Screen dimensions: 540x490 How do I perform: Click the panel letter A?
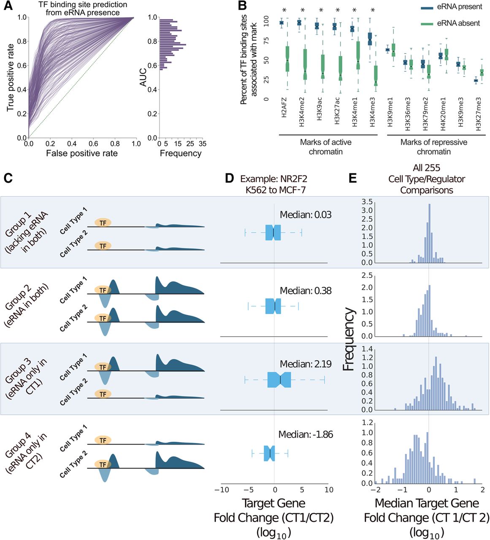tap(8, 5)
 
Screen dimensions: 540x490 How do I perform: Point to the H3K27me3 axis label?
tap(478, 114)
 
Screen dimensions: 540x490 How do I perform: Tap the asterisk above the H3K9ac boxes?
tap(321, 10)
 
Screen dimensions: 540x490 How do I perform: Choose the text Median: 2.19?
tap(306, 364)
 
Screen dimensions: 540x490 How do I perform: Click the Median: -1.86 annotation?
tap(306, 434)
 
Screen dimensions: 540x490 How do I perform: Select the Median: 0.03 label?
tap(306, 215)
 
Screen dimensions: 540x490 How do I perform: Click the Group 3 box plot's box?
tap(279, 380)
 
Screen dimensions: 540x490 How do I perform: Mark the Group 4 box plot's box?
tap(270, 453)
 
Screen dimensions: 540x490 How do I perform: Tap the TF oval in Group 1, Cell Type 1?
tap(103, 223)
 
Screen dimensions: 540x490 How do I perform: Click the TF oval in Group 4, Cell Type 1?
tap(103, 440)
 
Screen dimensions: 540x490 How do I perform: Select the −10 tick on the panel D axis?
tap(222, 490)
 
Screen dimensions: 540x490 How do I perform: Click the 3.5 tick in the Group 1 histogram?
tap(367, 201)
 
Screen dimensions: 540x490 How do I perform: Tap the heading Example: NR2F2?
tap(276, 179)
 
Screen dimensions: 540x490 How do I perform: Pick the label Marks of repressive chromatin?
tap(433, 147)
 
